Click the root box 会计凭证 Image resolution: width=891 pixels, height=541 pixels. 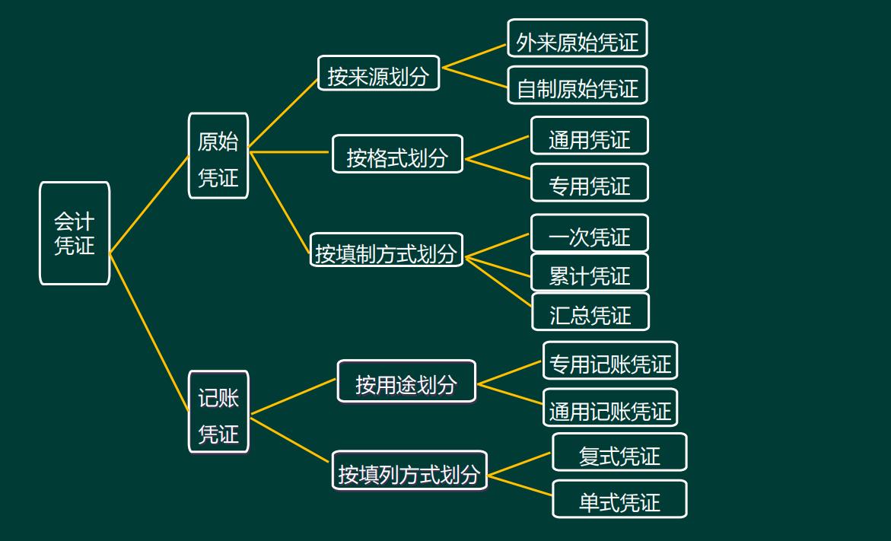pyautogui.click(x=75, y=234)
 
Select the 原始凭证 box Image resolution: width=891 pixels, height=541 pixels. pyautogui.click(x=218, y=156)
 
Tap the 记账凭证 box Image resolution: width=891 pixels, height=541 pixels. pyautogui.click(x=218, y=412)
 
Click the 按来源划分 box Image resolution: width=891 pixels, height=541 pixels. pyautogui.click(x=378, y=73)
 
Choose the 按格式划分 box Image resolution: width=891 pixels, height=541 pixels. pyautogui.click(x=397, y=154)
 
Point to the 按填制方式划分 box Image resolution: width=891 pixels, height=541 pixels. pyautogui.click(x=387, y=250)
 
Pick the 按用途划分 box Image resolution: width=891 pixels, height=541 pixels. pyautogui.click(x=406, y=382)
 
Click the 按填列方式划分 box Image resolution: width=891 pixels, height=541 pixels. pyautogui.click(x=409, y=471)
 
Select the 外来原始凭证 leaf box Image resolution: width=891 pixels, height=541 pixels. pyautogui.click(x=578, y=39)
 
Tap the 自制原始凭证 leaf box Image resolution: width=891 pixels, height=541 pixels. pyautogui.click(x=578, y=86)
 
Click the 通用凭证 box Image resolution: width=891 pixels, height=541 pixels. pyautogui.click(x=590, y=136)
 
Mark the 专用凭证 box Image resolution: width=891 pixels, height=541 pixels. pyautogui.click(x=590, y=183)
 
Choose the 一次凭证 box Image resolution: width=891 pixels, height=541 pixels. pyautogui.click(x=590, y=234)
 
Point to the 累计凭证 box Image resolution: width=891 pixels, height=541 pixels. pyautogui.click(x=590, y=273)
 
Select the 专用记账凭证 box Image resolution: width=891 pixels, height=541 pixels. pyautogui.click(x=610, y=361)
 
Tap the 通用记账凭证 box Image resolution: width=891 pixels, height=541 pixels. pyautogui.click(x=610, y=409)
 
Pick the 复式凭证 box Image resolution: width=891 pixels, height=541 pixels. pyautogui.click(x=619, y=453)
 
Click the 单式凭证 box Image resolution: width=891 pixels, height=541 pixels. pyautogui.click(x=619, y=500)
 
